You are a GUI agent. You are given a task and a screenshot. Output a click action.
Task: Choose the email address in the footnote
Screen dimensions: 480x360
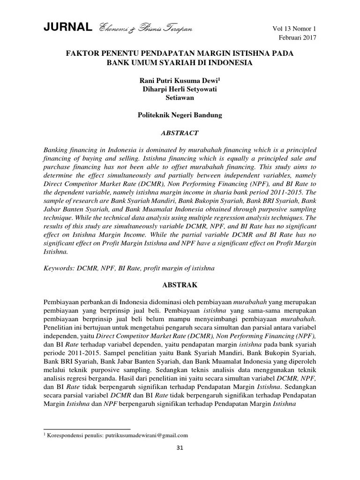[150, 435]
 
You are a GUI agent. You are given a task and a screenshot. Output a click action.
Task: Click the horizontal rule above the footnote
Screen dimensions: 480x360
[87, 428]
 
